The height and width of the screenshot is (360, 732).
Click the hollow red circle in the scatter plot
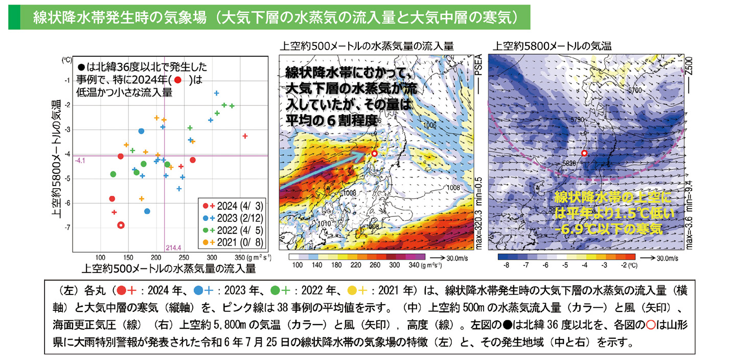tap(121, 225)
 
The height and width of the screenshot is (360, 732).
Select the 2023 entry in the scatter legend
tap(234, 217)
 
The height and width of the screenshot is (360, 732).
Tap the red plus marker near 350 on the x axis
tap(245, 136)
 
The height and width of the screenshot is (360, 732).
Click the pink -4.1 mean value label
tap(80, 161)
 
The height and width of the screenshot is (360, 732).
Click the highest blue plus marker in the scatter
tap(216, 93)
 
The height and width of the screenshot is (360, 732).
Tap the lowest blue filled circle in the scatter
tap(147, 211)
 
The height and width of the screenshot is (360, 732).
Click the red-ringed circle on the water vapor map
tap(374, 153)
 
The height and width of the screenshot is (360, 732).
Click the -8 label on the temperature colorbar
tap(506, 265)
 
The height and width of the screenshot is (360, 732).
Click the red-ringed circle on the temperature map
tap(584, 153)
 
